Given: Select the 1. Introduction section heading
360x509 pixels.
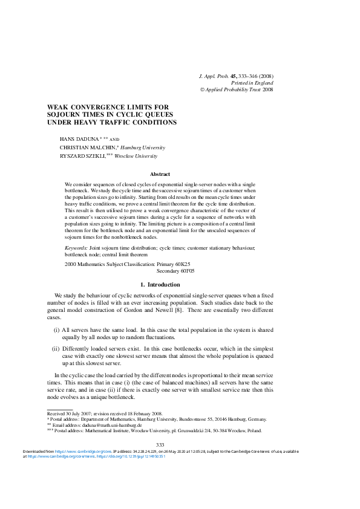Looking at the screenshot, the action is click(x=160, y=284).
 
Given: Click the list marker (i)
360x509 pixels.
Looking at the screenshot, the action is click(x=56, y=330).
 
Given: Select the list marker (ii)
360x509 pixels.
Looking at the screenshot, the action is click(x=56, y=349).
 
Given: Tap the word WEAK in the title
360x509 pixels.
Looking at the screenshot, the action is click(x=58, y=107).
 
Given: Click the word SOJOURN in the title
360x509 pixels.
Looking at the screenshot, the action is click(x=65, y=114).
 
